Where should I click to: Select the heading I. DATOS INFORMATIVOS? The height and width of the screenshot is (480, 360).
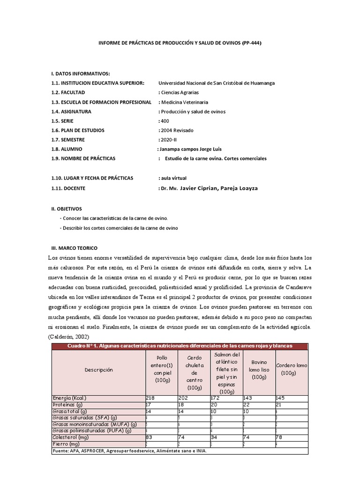coord(81,74)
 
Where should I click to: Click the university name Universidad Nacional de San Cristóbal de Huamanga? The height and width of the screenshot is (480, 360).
coord(217,83)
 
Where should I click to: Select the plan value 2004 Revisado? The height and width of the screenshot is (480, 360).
coord(177,130)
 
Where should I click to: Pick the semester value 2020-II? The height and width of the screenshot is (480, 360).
coord(169,140)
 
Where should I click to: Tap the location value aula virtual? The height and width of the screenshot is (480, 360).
coord(173,178)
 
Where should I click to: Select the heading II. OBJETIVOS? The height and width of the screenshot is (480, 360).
coord(67,209)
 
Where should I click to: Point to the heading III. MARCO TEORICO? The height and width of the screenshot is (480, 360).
coord(75,247)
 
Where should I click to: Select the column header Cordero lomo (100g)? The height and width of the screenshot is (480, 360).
coord(292,369)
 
